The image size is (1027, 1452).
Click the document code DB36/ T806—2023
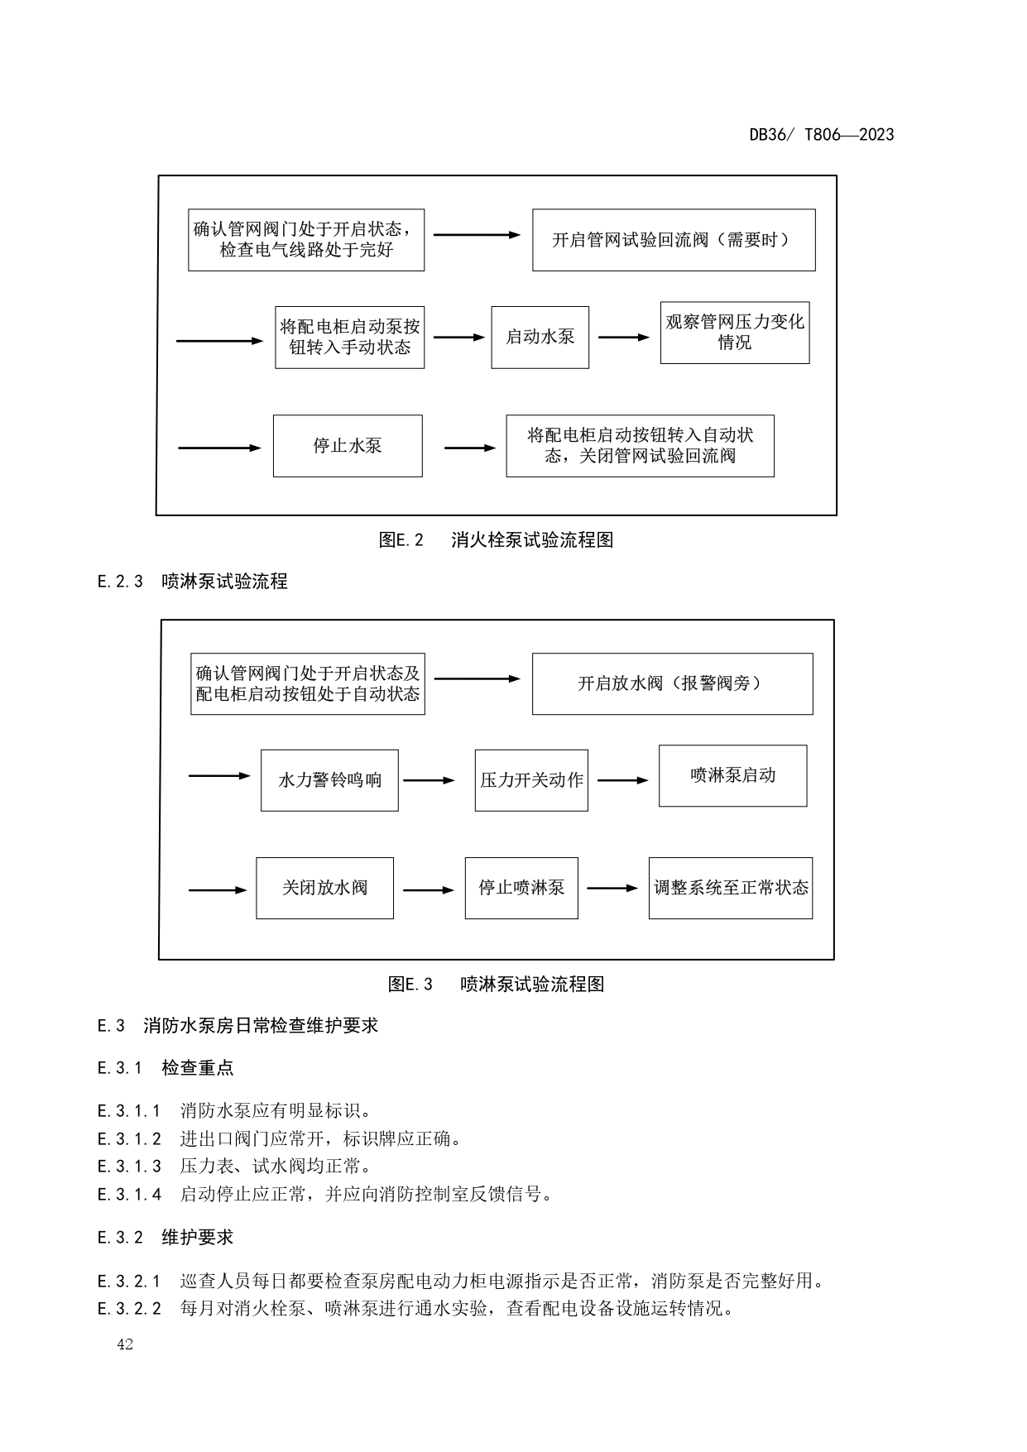821,135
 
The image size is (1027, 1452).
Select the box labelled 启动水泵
540,338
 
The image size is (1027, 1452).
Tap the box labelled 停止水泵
348,446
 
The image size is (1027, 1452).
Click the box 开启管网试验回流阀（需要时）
673,240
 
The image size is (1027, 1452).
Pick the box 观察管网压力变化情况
734,333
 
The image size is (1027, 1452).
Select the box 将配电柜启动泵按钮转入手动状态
349,338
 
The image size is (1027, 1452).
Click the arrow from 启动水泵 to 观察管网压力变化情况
624,338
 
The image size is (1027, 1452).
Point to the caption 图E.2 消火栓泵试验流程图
496,540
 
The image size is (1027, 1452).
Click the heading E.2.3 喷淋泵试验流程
192,582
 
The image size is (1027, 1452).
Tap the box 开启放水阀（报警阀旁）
672,684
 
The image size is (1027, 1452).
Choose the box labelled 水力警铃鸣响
329,780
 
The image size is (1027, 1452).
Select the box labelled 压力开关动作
531,780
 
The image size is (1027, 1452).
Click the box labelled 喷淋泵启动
732,776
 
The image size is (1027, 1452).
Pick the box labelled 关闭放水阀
324,888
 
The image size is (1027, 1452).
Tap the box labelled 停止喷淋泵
521,888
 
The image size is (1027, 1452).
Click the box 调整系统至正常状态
730,888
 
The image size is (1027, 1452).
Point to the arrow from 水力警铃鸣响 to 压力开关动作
429,780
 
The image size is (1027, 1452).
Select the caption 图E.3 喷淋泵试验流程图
496,984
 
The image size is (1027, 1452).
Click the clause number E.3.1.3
129,1167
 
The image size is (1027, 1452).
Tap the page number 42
125,1344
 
